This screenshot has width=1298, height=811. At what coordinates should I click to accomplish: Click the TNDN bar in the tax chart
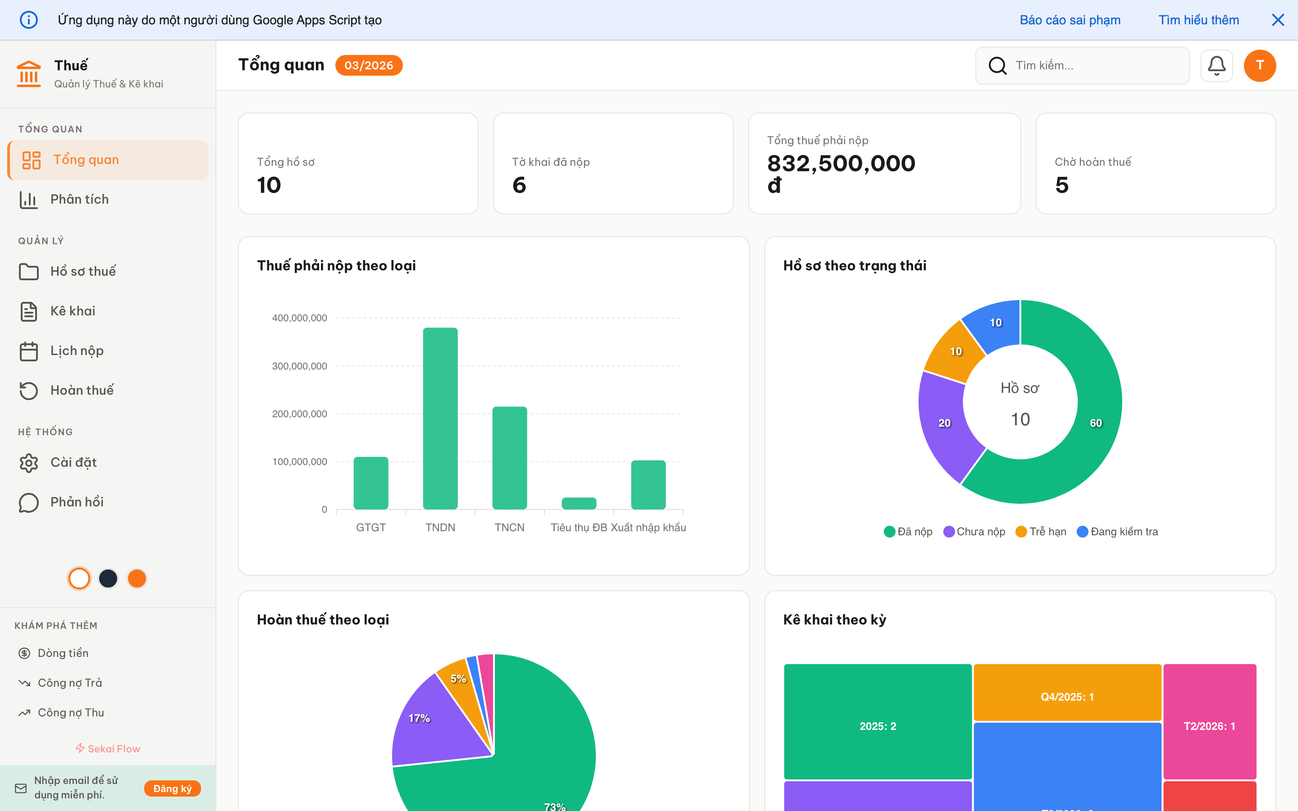pyautogui.click(x=440, y=419)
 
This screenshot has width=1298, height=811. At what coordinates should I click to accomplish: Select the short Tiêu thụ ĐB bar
pyautogui.click(x=579, y=503)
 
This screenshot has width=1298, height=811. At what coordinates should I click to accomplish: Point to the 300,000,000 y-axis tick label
pyautogui.click(x=299, y=366)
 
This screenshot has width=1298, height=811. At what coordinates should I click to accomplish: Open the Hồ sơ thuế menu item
pyautogui.click(x=83, y=271)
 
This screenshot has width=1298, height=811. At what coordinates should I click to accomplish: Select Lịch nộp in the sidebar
pyautogui.click(x=77, y=351)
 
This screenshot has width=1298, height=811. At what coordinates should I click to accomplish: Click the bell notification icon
pyautogui.click(x=1216, y=65)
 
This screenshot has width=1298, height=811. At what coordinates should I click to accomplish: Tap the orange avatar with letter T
pyautogui.click(x=1259, y=65)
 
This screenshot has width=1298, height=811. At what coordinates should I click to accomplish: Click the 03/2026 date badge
pyautogui.click(x=369, y=65)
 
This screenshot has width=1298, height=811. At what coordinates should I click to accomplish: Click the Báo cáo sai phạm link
pyautogui.click(x=1069, y=20)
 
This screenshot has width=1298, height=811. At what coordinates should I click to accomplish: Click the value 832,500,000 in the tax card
pyautogui.click(x=841, y=164)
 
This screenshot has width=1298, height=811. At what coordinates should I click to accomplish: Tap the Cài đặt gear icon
pyautogui.click(x=29, y=463)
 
